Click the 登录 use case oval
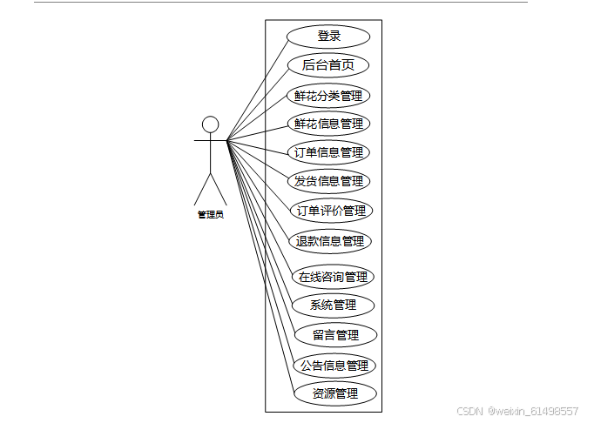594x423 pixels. (x=328, y=37)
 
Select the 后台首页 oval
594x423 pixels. (x=328, y=65)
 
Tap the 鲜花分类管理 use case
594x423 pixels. (x=328, y=96)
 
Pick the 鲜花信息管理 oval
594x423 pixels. (x=328, y=124)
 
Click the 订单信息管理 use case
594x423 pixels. (x=328, y=152)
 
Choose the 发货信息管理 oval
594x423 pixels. (x=328, y=181)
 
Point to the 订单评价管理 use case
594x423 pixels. (x=330, y=211)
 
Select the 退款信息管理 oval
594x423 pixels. (x=329, y=241)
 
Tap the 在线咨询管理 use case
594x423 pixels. (x=333, y=278)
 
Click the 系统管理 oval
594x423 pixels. (x=333, y=305)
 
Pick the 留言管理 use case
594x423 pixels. (x=335, y=335)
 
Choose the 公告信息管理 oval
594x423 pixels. (x=334, y=366)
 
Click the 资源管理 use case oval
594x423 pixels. (x=335, y=393)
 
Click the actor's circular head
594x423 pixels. (x=211, y=124)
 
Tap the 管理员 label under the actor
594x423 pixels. (x=211, y=214)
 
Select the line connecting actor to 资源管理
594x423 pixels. (x=261, y=270)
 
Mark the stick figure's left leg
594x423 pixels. (x=203, y=189)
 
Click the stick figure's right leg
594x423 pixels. (x=219, y=189)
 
